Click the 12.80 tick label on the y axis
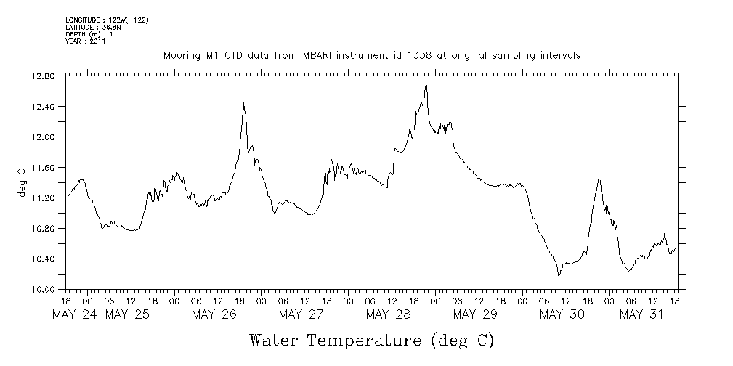click(x=44, y=76)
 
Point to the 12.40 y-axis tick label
click(x=44, y=107)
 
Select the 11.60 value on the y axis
click(x=44, y=168)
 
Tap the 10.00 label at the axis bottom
click(x=44, y=290)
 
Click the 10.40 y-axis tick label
click(x=44, y=259)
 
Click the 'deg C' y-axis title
click(x=23, y=182)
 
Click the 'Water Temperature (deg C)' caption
click(x=371, y=340)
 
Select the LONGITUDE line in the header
click(x=107, y=20)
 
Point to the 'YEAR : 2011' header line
click(x=86, y=41)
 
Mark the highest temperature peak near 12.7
click(x=426, y=85)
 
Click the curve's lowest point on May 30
click(x=559, y=276)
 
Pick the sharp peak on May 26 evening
click(x=243, y=103)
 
